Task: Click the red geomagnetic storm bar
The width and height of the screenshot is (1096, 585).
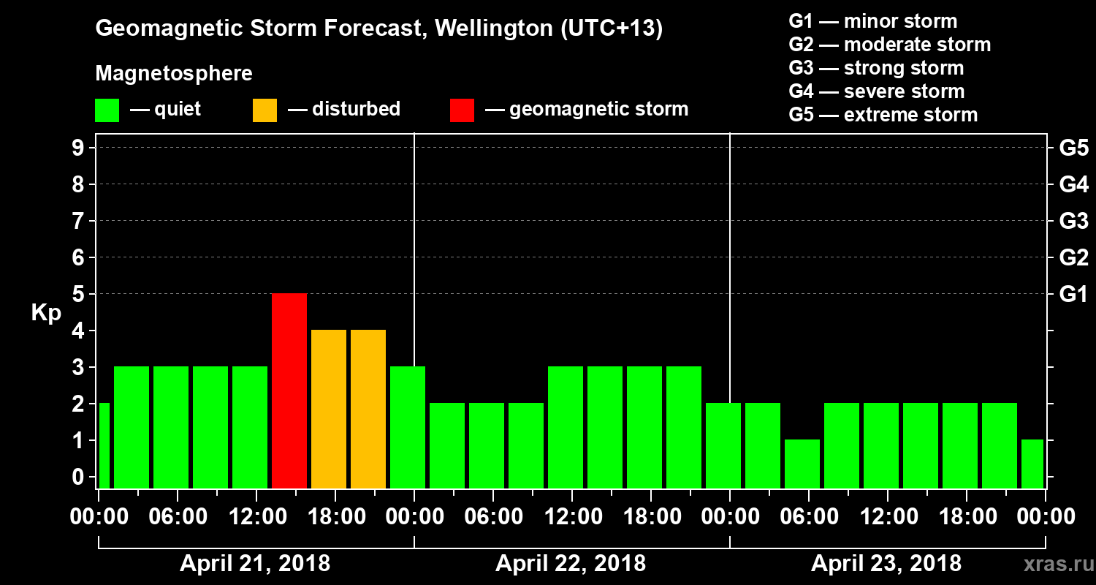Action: tap(289, 390)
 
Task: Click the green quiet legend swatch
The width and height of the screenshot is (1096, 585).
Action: tap(107, 110)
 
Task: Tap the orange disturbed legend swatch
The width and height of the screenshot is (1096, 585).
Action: tap(265, 110)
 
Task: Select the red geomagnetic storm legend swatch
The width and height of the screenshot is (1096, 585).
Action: tap(462, 110)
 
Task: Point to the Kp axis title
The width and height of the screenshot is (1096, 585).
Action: tap(46, 312)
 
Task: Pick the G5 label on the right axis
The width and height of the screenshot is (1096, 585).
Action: tap(1073, 148)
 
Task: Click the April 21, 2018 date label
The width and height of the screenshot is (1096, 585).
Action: tap(255, 564)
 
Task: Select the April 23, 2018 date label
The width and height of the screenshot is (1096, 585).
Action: tap(886, 564)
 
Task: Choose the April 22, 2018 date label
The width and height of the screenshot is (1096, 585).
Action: tap(571, 564)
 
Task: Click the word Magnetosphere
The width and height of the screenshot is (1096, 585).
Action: tap(174, 75)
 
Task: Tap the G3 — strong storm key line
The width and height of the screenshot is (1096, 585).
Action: tap(876, 68)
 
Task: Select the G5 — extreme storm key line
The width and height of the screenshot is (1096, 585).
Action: tap(883, 115)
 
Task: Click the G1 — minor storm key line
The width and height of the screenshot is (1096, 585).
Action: tap(872, 21)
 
